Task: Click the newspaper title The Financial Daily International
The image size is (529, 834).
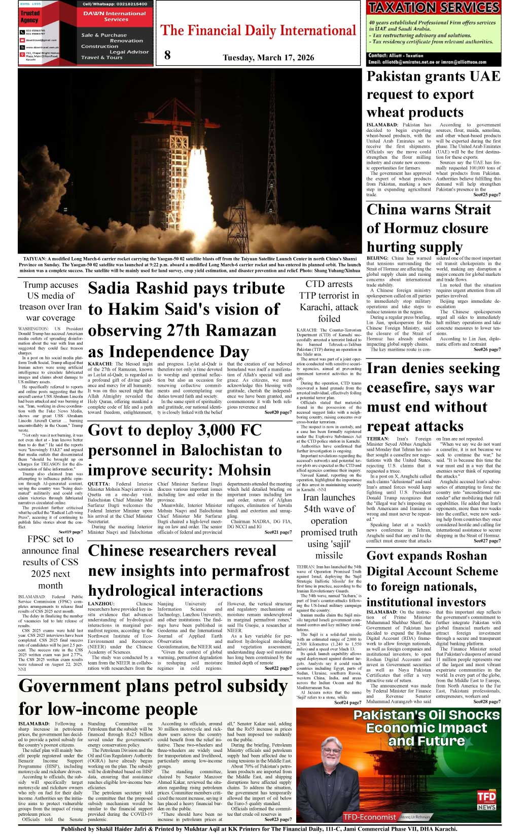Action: pos(258,30)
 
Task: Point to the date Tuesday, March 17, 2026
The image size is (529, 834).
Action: pos(268,57)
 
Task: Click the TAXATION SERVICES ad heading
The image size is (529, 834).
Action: pos(434,8)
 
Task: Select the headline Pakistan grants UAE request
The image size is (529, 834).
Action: pos(433,94)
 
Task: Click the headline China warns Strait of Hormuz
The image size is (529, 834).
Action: pos(429,228)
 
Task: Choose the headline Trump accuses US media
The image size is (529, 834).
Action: pos(51,301)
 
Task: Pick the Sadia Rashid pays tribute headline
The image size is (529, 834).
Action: pos(186,319)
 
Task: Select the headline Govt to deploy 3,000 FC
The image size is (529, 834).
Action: pos(185,450)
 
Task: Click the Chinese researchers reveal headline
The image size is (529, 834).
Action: pos(188,570)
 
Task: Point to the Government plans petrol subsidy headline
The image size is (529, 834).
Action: pos(153,697)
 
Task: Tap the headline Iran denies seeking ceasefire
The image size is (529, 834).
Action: pos(433,396)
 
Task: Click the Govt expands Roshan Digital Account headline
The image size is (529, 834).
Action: pos(427,578)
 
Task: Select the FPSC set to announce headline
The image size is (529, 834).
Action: pos(51,562)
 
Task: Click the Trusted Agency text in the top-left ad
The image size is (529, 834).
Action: pos(29,16)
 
